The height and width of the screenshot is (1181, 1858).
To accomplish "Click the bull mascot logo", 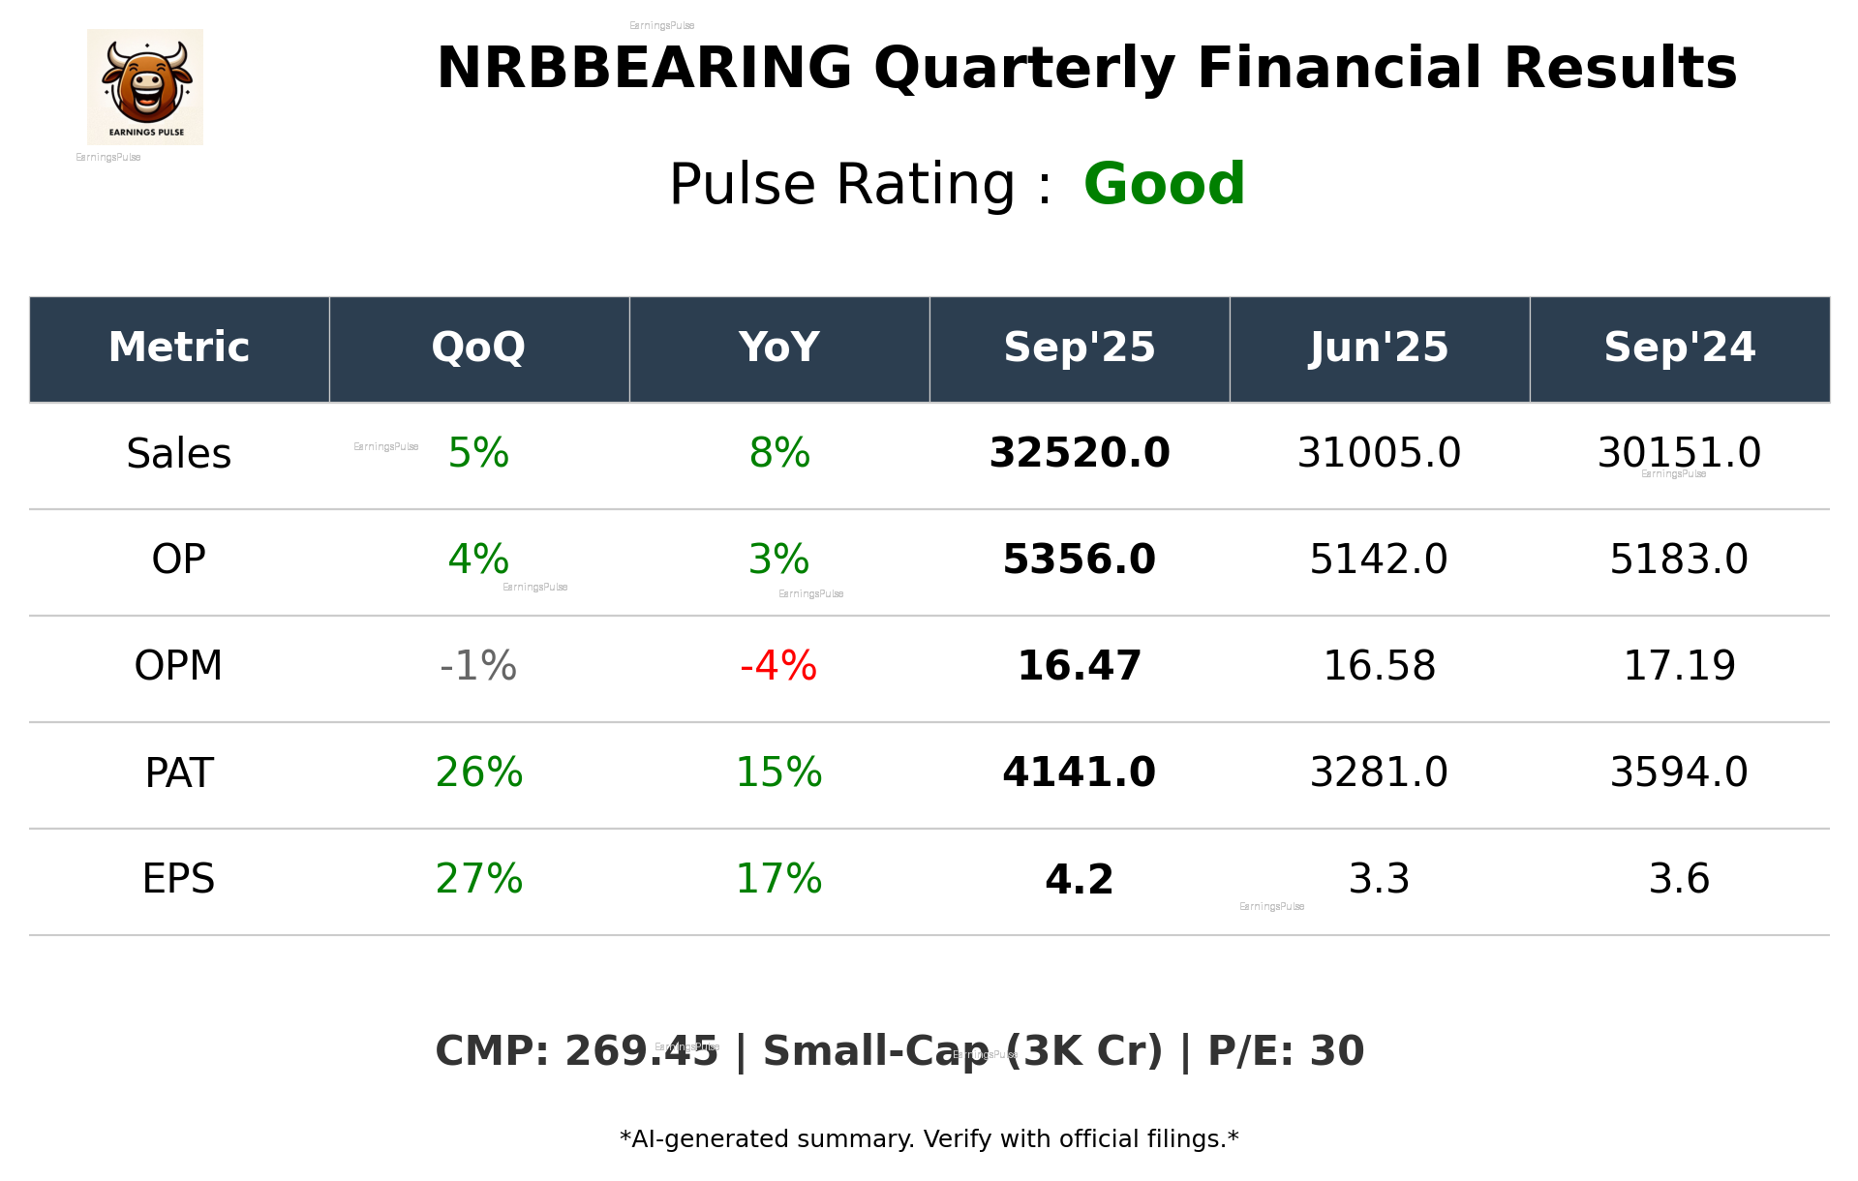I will (145, 86).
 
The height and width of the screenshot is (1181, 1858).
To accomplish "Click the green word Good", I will (1164, 184).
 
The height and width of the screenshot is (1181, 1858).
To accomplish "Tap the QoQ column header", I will (478, 348).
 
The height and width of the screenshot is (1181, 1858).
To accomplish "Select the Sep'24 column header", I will (1679, 348).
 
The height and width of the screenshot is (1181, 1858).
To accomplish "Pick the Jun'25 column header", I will (1379, 348).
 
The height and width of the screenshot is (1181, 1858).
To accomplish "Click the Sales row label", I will (179, 454).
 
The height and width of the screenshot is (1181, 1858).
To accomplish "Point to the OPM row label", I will (179, 666).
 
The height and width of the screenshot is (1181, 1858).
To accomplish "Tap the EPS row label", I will (179, 879).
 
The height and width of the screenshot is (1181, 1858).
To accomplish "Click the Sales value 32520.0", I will (1079, 453).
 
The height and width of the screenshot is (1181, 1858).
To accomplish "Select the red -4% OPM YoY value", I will (778, 666).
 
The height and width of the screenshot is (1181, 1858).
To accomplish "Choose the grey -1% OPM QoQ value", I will (478, 666).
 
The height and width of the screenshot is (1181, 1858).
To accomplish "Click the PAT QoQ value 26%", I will (478, 772).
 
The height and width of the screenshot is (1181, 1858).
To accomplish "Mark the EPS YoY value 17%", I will (778, 879).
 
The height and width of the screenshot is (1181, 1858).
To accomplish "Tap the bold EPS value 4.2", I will (1079, 880).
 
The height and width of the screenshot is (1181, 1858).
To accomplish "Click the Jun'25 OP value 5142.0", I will (1379, 560).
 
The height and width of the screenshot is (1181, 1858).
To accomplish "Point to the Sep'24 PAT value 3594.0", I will (1679, 772).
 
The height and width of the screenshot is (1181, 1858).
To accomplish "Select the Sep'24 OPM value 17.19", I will (1679, 666).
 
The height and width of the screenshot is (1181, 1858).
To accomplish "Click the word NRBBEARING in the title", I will (644, 69).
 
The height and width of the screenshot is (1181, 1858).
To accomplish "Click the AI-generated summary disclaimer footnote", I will (929, 1139).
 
